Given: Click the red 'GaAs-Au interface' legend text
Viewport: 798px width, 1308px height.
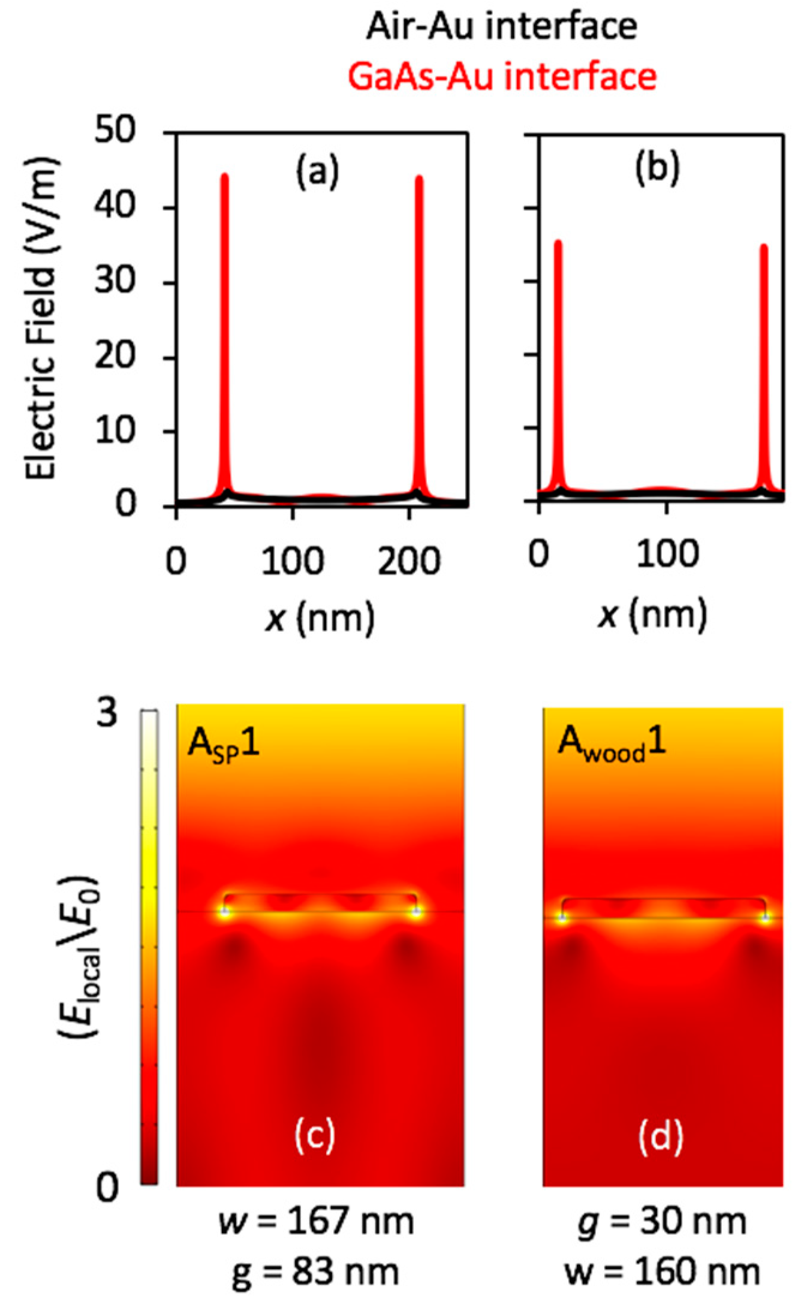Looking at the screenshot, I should (502, 77).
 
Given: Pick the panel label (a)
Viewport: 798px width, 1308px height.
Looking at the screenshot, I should (318, 170).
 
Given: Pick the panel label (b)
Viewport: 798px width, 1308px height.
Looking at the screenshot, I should (657, 168).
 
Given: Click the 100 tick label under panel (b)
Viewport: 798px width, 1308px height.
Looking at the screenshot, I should (667, 554).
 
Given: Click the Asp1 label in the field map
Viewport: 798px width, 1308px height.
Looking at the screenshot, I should (223, 745).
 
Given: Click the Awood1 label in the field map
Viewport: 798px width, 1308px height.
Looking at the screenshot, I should (611, 743).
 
